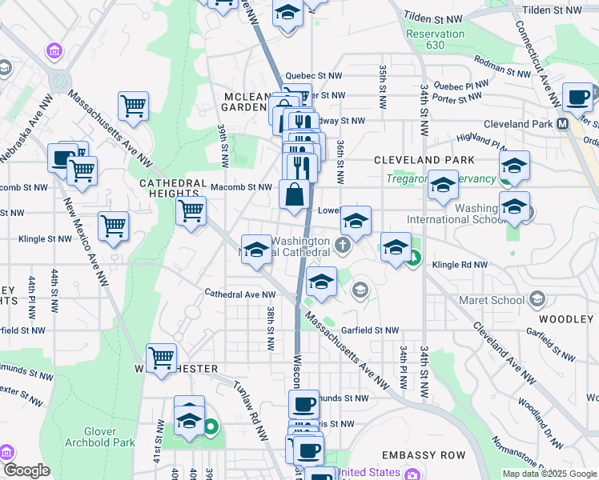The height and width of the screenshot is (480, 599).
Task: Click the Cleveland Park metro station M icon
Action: [x=562, y=124]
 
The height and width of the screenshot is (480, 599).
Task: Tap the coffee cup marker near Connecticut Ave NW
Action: [x=577, y=98]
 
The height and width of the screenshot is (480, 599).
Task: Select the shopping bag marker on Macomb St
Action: [x=295, y=195]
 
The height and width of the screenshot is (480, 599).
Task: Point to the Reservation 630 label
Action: [x=435, y=39]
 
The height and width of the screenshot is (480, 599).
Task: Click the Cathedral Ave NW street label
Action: [x=239, y=294]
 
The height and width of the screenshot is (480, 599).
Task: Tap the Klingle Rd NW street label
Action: [x=460, y=264]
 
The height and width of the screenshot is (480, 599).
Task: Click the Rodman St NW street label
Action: [x=501, y=64]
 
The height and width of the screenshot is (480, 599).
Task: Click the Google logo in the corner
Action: [x=26, y=470]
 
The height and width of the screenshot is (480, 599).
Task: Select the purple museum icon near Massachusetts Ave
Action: [x=55, y=52]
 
